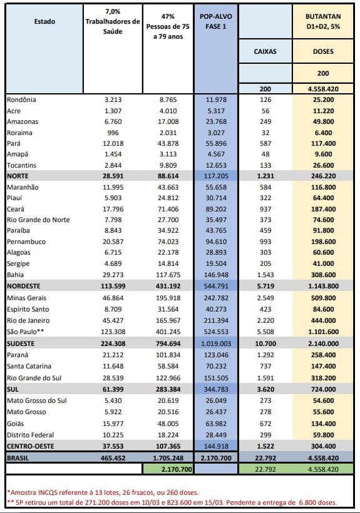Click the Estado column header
tap(44, 22)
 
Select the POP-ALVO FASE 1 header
tap(215, 22)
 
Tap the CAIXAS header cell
tap(265, 51)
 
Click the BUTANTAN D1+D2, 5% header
tap(323, 22)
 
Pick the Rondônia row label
tap(21, 100)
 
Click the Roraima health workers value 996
tap(113, 133)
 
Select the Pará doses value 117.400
tap(323, 144)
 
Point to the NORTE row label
tap(18, 176)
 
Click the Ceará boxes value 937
tap(265, 209)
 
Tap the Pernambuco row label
tap(26, 241)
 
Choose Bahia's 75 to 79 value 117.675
tap(168, 275)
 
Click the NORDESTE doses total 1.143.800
tap(323, 286)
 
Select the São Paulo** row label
tap(26, 332)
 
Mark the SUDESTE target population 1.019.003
tap(216, 343)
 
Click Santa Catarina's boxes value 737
tap(265, 366)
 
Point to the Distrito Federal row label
tap(31, 435)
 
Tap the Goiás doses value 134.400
tap(323, 424)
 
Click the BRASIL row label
tap(18, 458)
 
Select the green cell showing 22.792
tap(265, 469)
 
